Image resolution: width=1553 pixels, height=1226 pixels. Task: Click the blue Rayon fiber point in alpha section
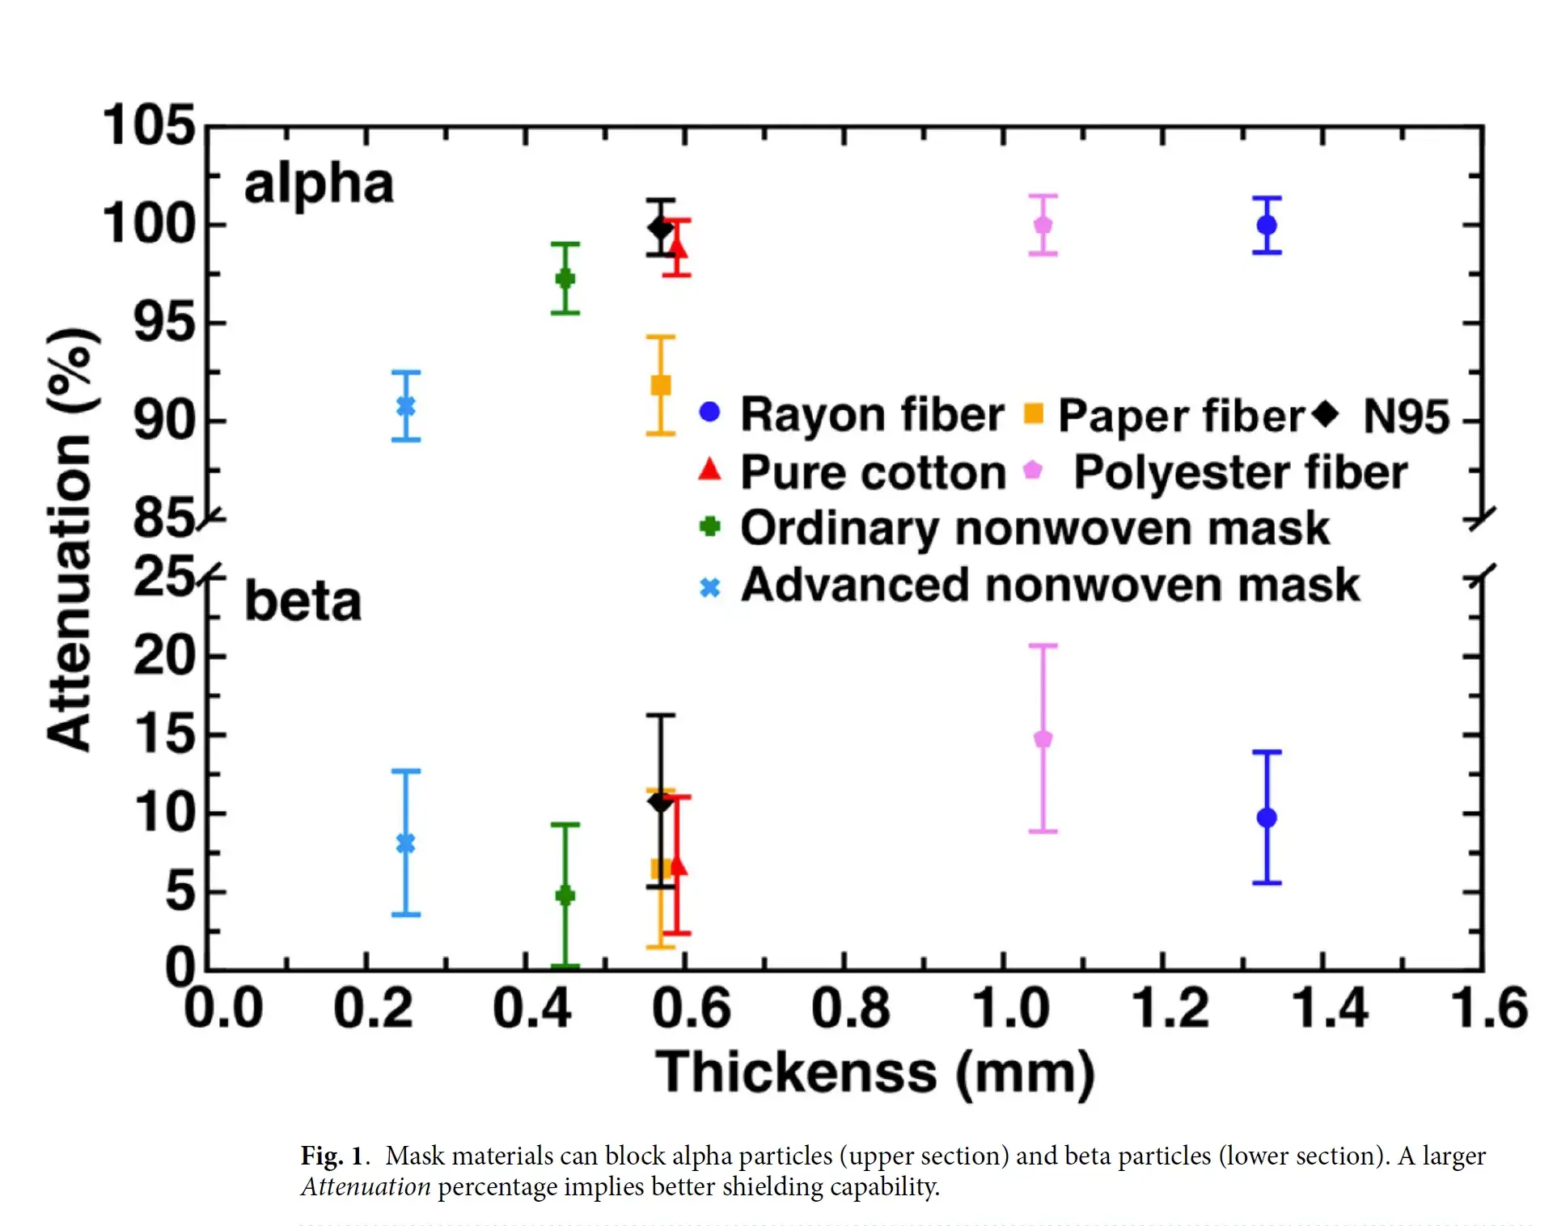click(x=1267, y=225)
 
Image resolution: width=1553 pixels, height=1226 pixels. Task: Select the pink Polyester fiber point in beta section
click(x=1043, y=738)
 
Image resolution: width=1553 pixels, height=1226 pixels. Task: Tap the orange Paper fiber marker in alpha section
click(x=661, y=385)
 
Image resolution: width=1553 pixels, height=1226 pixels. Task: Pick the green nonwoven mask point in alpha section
click(x=565, y=279)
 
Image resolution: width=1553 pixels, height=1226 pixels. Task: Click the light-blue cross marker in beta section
click(x=406, y=843)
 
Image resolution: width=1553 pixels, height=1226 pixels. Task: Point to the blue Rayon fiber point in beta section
click(x=1267, y=818)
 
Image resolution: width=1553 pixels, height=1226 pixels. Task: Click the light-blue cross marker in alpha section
click(x=406, y=406)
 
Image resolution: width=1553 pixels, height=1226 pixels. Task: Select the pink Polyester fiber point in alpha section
click(x=1043, y=225)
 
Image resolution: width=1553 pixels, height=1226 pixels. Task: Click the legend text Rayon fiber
click(x=872, y=415)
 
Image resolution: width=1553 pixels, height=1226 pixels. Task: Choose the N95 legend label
click(x=1406, y=416)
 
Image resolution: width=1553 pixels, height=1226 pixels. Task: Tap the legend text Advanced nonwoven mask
click(x=1050, y=585)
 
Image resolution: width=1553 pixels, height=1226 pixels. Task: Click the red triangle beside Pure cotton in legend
click(x=709, y=469)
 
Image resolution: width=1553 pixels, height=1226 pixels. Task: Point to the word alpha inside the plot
click(x=319, y=184)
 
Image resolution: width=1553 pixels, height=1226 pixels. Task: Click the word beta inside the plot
click(x=303, y=602)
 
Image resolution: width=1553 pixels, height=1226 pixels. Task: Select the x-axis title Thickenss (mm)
click(x=875, y=1073)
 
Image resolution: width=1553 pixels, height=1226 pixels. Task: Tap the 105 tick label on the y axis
click(x=150, y=126)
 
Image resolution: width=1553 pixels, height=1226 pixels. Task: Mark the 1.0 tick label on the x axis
click(x=1010, y=1009)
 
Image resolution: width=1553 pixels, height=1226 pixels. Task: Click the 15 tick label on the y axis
click(x=165, y=734)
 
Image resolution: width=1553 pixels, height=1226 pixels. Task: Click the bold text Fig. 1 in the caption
click(x=331, y=1156)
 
